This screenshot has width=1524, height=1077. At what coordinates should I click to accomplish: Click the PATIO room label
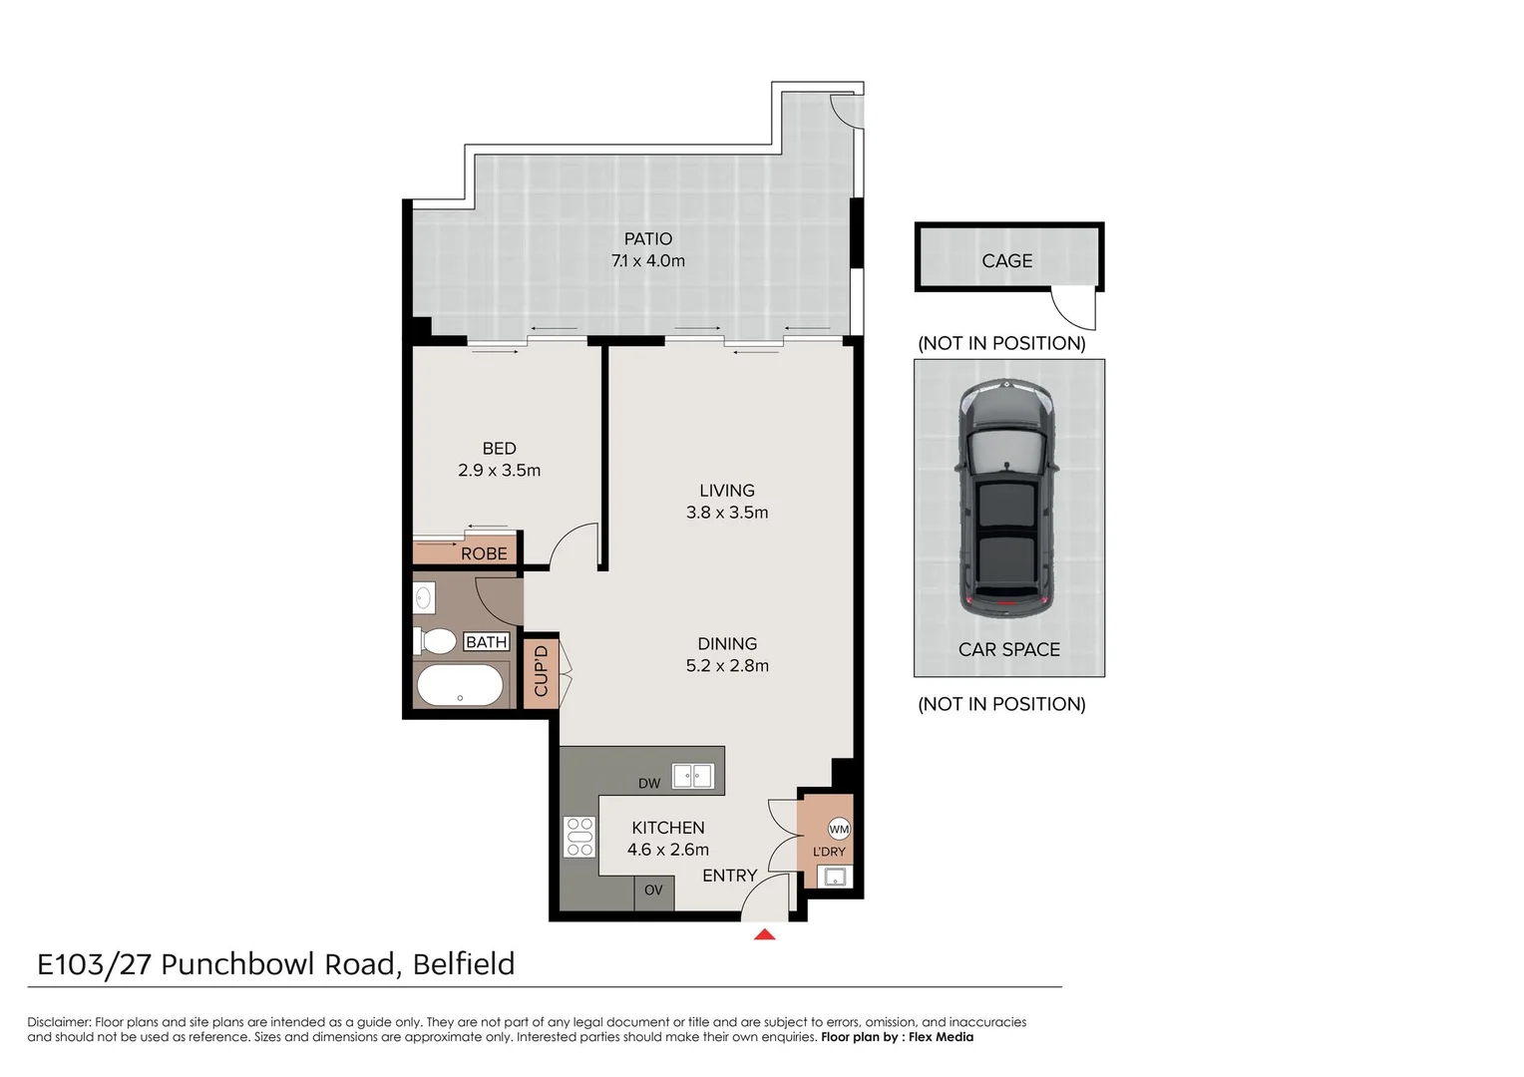point(647,238)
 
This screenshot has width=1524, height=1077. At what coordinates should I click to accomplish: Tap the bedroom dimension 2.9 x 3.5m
point(499,470)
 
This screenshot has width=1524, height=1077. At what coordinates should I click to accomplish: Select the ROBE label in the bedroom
point(484,553)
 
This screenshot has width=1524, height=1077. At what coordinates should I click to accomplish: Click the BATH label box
point(487,642)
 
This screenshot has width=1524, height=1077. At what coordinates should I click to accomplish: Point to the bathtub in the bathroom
point(459,685)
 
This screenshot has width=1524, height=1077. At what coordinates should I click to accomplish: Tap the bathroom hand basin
point(424,598)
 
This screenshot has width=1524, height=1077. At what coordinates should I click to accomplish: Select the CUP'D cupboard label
point(541,671)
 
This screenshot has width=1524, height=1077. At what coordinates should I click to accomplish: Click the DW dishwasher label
point(649,783)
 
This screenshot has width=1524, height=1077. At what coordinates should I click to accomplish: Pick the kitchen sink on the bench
point(692,775)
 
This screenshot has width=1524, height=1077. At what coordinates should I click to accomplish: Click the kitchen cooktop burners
point(579,837)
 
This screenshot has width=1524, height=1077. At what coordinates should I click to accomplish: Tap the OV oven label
point(653,890)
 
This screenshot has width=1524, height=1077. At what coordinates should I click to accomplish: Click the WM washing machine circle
point(839,829)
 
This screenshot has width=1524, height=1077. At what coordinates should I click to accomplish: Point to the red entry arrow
point(765,934)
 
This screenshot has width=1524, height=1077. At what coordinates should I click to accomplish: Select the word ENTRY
point(729,875)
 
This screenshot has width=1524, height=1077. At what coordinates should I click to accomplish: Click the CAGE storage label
point(1006,260)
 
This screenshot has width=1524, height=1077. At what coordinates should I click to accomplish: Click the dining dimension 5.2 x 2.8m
point(727,665)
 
